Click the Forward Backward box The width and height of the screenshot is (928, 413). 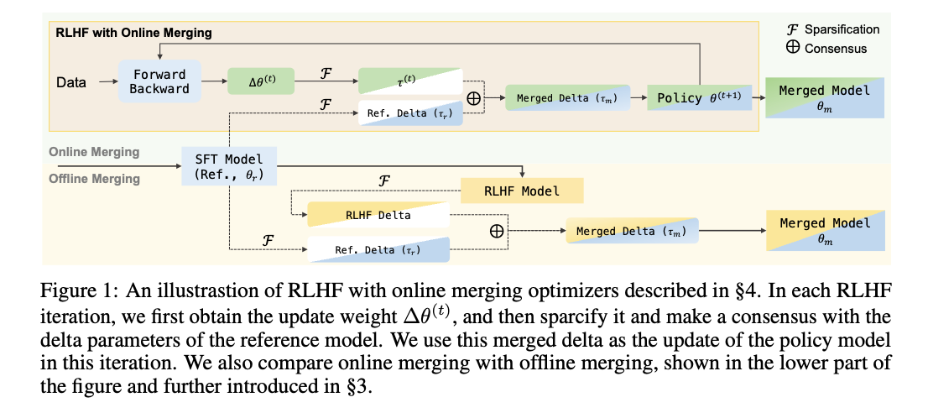[x=159, y=81]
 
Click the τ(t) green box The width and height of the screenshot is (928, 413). [x=409, y=80]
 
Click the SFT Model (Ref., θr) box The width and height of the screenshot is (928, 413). [x=227, y=166]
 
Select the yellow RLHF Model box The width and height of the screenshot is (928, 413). [x=521, y=191]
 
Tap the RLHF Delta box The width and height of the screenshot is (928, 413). [x=378, y=215]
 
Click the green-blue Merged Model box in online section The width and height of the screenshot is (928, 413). [x=824, y=97]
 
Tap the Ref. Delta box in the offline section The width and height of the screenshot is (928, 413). [x=378, y=248]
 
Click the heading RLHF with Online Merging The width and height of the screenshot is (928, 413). [x=133, y=33]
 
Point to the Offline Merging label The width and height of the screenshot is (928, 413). [x=94, y=179]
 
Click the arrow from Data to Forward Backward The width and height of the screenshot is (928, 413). [x=107, y=82]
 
